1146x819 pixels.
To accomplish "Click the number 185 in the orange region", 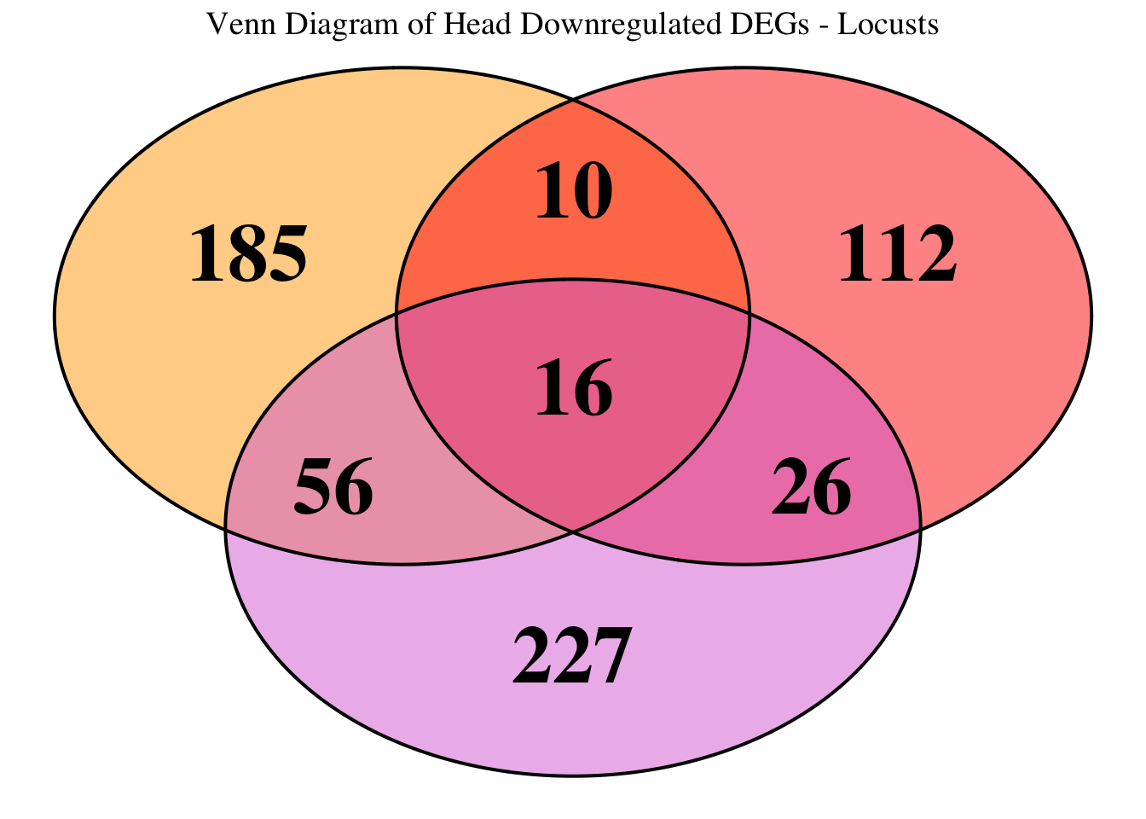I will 248,254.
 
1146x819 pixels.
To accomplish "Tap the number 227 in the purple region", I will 572,657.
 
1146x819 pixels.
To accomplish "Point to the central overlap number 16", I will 574,389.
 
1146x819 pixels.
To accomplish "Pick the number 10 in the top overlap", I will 574,191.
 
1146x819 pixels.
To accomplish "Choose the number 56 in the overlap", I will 333,488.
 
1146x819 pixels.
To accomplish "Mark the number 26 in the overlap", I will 811,488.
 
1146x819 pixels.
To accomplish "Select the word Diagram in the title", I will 310,25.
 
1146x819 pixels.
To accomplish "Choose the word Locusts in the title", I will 888,25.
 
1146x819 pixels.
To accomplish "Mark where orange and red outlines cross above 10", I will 573,100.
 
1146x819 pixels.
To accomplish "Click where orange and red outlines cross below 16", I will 573,531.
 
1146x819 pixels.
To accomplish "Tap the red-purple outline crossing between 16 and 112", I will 750,314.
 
